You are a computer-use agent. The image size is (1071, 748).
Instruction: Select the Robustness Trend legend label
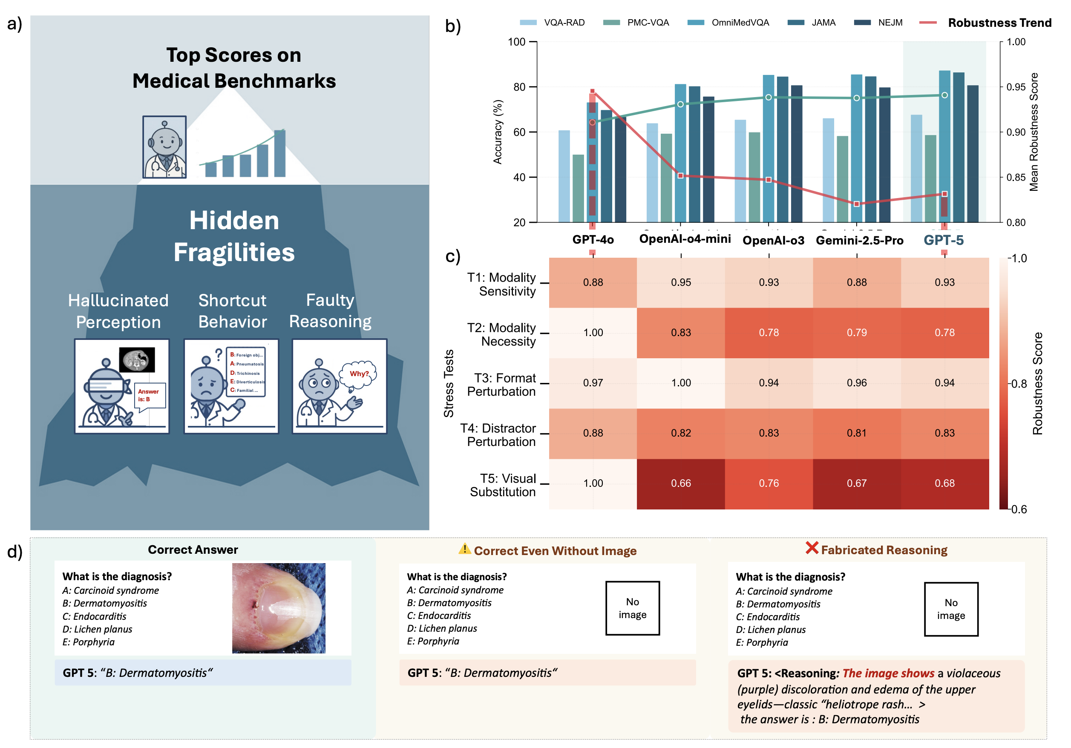click(999, 23)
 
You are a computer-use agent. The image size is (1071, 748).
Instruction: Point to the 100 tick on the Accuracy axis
click(516, 42)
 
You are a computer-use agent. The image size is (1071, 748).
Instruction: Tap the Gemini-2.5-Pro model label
click(859, 240)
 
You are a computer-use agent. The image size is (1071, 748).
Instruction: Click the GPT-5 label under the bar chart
click(943, 240)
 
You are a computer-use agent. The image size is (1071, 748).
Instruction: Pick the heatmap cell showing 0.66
click(681, 483)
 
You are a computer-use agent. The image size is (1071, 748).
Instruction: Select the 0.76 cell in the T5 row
click(769, 483)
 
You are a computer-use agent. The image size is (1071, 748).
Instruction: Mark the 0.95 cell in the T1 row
click(681, 282)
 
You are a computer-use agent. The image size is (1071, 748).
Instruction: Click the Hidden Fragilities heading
click(234, 236)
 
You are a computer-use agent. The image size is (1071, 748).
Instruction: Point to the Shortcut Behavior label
click(232, 311)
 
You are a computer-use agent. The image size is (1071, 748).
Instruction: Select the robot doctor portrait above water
click(165, 147)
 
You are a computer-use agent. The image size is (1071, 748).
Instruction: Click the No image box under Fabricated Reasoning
click(951, 609)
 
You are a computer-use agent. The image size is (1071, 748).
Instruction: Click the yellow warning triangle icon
click(464, 549)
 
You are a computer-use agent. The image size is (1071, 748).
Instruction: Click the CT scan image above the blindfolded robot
click(137, 360)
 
